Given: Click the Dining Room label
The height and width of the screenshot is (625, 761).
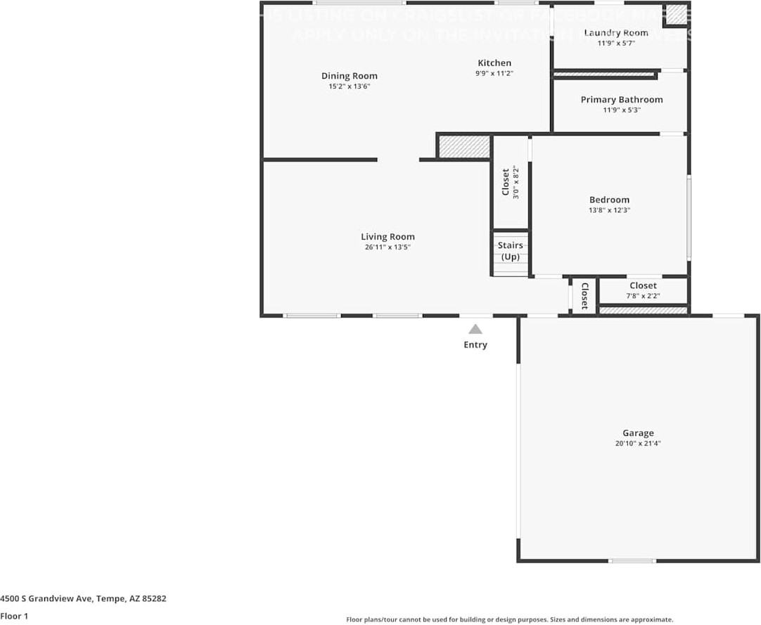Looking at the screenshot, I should click(x=349, y=76).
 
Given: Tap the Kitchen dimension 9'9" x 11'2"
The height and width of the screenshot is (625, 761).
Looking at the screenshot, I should click(x=494, y=73).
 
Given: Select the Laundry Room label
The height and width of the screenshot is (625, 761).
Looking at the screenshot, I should click(x=616, y=33).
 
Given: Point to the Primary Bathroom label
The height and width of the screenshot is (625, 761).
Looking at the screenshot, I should click(x=621, y=100).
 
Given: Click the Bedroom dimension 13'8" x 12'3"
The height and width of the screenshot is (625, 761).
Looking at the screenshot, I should click(x=609, y=210).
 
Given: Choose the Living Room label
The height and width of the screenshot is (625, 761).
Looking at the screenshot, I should click(x=388, y=237).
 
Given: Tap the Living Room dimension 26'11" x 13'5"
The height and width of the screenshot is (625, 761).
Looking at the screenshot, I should click(x=388, y=247).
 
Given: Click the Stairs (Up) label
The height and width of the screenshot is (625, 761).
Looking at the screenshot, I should click(x=510, y=251).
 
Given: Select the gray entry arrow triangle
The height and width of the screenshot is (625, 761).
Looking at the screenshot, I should click(x=475, y=329).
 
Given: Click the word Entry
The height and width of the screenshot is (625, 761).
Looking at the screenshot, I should click(x=475, y=344).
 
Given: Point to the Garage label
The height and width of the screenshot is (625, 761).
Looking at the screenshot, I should click(x=638, y=433).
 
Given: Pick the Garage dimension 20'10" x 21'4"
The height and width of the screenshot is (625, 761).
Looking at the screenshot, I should click(x=638, y=444).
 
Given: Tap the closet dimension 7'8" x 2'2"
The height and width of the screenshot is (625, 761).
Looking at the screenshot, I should click(x=643, y=296).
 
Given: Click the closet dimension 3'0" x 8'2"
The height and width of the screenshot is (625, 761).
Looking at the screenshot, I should click(x=516, y=182).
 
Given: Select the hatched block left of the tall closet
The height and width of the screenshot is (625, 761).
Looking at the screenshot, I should click(x=464, y=147).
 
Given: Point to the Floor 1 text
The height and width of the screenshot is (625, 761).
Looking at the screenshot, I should click(x=14, y=617).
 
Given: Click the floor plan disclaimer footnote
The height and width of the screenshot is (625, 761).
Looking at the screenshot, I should click(x=509, y=619).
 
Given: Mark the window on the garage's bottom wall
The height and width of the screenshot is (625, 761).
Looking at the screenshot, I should click(x=632, y=560).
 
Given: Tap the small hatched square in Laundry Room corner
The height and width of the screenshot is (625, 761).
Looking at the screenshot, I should click(x=677, y=14).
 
